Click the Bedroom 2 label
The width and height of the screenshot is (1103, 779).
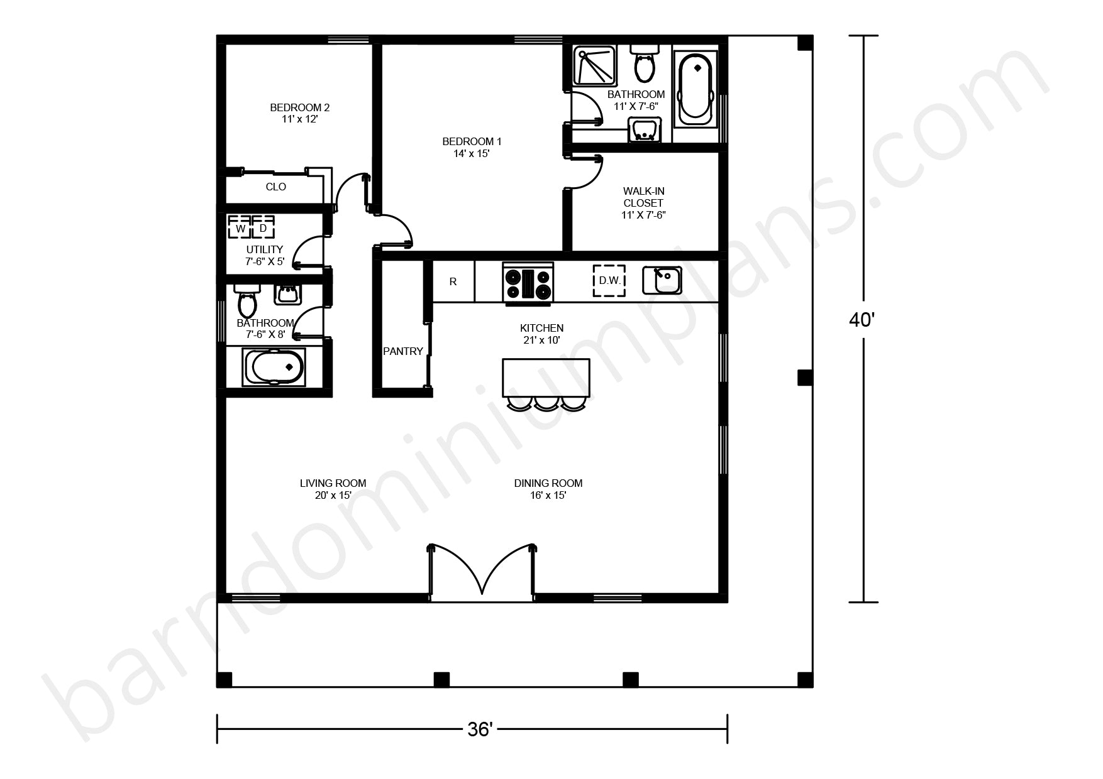click(x=300, y=107)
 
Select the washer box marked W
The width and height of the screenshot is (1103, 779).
click(x=240, y=227)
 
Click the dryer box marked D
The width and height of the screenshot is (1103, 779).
click(x=263, y=227)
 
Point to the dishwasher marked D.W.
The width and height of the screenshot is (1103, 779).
click(x=609, y=280)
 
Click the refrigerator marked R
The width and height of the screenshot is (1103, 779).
click(x=453, y=281)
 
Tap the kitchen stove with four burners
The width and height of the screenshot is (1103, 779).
click(x=528, y=283)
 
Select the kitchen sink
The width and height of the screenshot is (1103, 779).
click(x=662, y=280)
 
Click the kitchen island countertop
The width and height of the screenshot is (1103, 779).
click(x=546, y=378)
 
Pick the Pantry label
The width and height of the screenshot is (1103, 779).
click(x=403, y=351)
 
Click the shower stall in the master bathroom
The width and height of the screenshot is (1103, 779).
click(x=594, y=65)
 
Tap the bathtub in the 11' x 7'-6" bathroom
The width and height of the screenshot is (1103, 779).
click(x=695, y=87)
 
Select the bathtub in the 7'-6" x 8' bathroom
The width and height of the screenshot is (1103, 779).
click(x=274, y=367)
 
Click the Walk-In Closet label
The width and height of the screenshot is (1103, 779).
click(x=643, y=197)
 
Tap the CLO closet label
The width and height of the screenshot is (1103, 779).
click(x=276, y=187)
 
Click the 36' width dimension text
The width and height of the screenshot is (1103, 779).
click(x=480, y=729)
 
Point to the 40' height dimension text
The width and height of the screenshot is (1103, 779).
click(x=862, y=320)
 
